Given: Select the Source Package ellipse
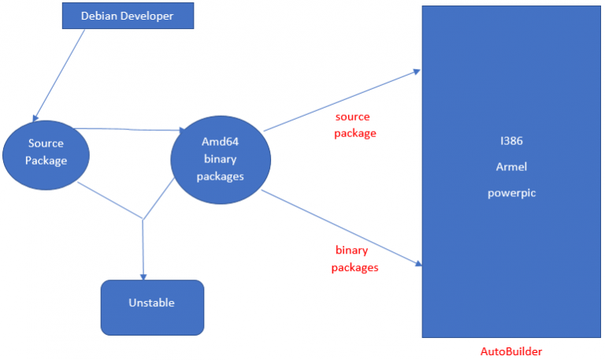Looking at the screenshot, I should (x=45, y=153).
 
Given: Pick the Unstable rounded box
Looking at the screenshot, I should (x=152, y=302).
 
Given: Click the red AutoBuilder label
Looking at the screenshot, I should (x=511, y=351).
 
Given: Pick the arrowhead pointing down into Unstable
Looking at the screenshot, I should (x=143, y=275).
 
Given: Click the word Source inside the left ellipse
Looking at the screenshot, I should (x=45, y=143).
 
